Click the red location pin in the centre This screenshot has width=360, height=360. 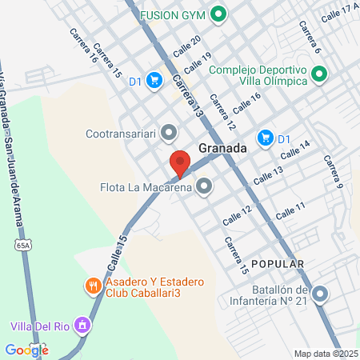click(x=179, y=162)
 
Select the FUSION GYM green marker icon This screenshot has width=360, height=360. click(x=218, y=15)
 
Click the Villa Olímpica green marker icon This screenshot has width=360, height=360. click(x=320, y=75)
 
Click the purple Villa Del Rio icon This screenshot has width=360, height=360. click(x=81, y=326)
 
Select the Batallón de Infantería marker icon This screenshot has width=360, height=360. click(x=321, y=295)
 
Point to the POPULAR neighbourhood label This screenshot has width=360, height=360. click(x=277, y=263)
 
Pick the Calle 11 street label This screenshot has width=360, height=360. click(x=290, y=210)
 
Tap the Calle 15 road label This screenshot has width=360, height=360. click(x=113, y=251)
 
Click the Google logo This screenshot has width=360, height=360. click(x=26, y=350)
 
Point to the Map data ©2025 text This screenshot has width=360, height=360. click(x=326, y=354)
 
